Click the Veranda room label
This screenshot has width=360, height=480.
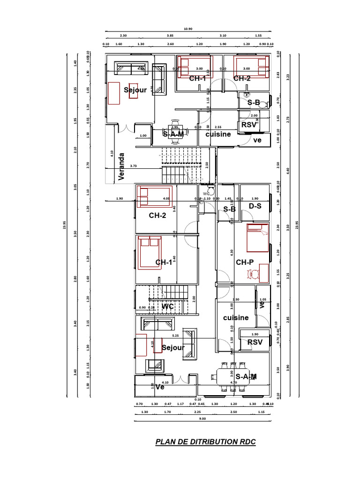(x=122, y=166)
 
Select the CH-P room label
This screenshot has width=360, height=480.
(x=244, y=262)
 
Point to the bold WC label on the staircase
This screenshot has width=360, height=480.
(x=168, y=307)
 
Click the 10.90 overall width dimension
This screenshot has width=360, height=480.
(x=188, y=29)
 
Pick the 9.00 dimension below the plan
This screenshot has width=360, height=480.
(x=202, y=419)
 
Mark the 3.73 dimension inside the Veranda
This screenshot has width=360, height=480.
(x=134, y=165)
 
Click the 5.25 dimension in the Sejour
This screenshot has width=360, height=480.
(x=175, y=336)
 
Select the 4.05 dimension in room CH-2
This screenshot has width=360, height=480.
(x=166, y=198)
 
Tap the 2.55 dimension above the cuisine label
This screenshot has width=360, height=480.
(x=218, y=127)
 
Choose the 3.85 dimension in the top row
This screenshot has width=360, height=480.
(x=170, y=36)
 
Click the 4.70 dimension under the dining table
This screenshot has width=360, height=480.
(x=233, y=382)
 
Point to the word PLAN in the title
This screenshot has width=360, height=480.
(x=165, y=442)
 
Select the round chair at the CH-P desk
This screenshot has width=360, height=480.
(x=255, y=275)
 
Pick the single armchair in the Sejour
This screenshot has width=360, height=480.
(x=155, y=365)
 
